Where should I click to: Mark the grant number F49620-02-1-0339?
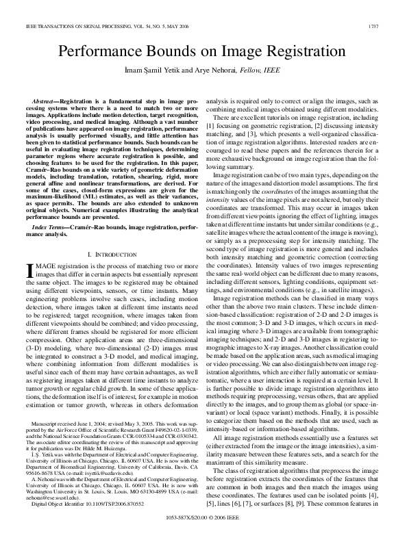[166, 429]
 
